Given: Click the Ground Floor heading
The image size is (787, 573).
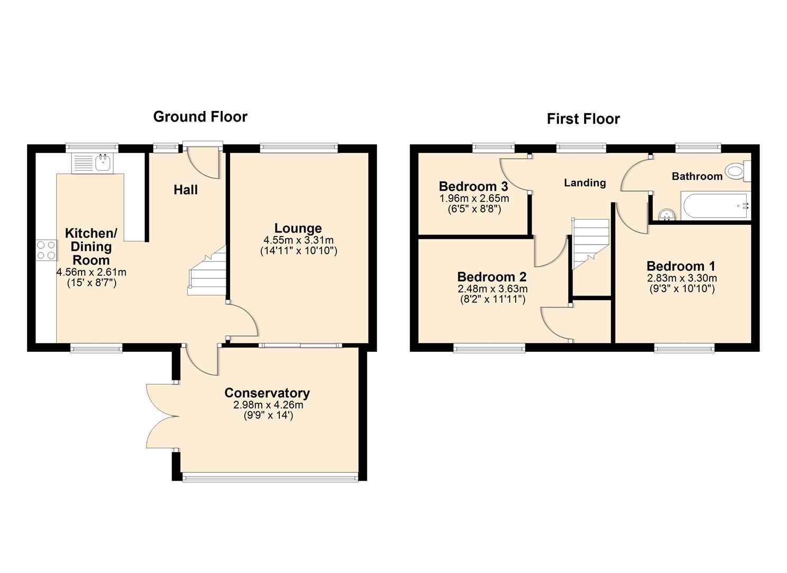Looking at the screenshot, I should click(200, 117).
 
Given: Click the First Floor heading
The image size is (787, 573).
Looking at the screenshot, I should click(583, 119).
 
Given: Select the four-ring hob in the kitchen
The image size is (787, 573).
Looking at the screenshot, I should click(46, 250).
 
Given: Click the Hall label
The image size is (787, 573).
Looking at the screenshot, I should click(185, 190).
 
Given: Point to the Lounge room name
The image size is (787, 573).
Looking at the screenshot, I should click(298, 228).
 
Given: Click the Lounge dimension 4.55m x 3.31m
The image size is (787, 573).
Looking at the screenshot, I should click(298, 240).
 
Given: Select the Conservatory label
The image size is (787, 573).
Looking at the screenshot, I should click(267, 393).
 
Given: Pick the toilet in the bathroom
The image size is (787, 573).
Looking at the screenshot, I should click(737, 171).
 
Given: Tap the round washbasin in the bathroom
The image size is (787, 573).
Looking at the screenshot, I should click(666, 214).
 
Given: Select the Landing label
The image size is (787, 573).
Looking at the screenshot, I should click(585, 183).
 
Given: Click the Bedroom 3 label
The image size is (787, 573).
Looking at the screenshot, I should click(473, 187).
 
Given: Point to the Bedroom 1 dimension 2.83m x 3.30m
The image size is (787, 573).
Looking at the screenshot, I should click(682, 278).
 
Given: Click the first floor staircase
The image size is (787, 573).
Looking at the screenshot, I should click(590, 244).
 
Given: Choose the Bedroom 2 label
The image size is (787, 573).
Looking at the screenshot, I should click(492, 277).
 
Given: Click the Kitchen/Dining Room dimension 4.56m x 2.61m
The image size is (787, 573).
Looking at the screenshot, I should click(91, 272).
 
